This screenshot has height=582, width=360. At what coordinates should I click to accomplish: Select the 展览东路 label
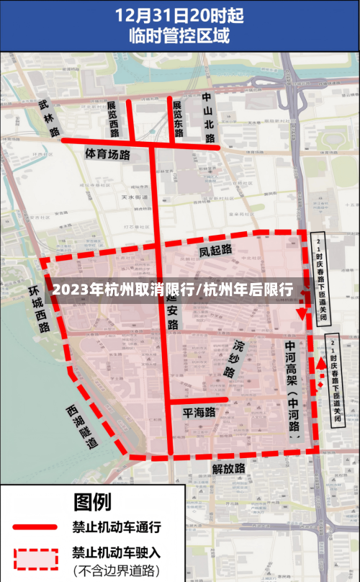(x=178, y=118)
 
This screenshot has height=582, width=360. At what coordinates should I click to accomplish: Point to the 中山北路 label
(x=209, y=111)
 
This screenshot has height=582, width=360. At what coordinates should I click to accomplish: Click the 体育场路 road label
(x=107, y=153)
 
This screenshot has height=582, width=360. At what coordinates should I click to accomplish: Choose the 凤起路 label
(x=215, y=250)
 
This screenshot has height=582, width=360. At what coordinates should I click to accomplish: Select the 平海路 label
(x=199, y=413)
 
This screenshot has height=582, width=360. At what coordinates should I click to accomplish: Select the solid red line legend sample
(x=35, y=527)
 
